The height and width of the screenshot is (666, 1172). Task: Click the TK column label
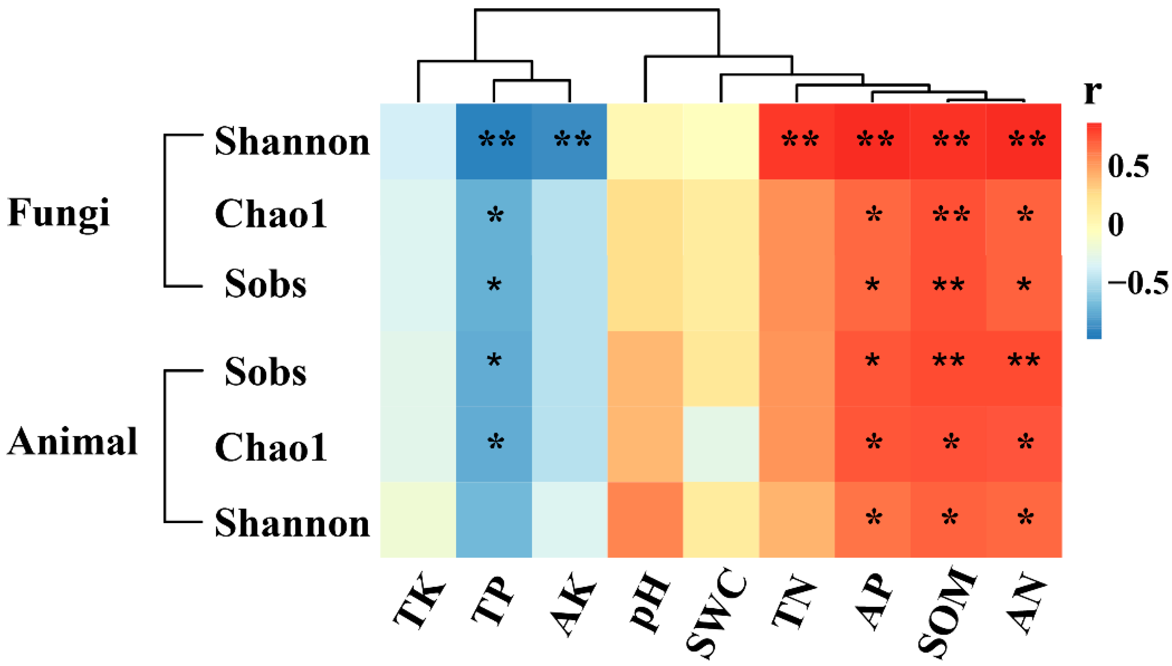pyautogui.click(x=419, y=606)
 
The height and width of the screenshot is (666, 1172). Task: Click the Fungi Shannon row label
pyautogui.click(x=292, y=142)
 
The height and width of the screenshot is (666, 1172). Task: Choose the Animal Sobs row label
pyautogui.click(x=266, y=372)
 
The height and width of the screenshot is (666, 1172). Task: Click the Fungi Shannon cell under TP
pyautogui.click(x=494, y=141)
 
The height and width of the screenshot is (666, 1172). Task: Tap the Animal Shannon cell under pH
pyautogui.click(x=645, y=520)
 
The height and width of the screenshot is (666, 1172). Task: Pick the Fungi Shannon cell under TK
pyautogui.click(x=418, y=141)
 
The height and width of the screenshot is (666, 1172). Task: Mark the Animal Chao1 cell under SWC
pyautogui.click(x=721, y=444)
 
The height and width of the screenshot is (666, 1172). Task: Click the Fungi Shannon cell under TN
pyautogui.click(x=797, y=141)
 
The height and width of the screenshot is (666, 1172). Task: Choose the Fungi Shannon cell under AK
pyautogui.click(x=570, y=141)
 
